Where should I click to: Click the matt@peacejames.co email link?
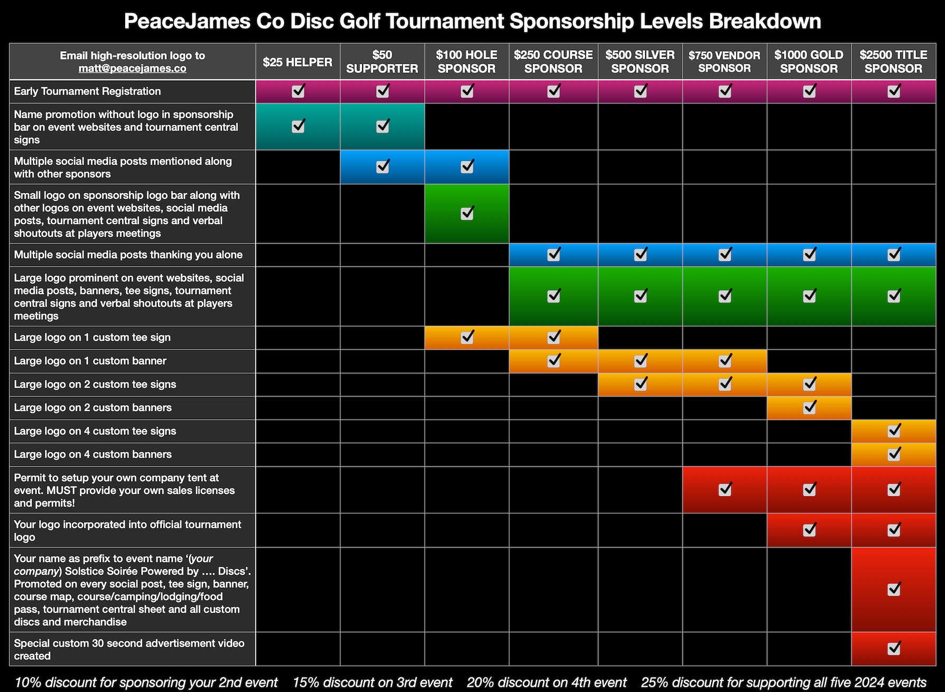[132, 69]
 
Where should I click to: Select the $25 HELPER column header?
[298, 62]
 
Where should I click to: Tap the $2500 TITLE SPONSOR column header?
[893, 62]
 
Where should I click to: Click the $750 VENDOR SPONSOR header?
[724, 62]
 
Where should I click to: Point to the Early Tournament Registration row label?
[88, 91]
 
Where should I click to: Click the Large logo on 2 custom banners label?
[93, 407]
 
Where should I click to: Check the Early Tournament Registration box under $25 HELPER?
[298, 91]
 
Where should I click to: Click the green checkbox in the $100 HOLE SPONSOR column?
[467, 213]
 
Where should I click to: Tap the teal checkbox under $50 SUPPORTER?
[383, 126]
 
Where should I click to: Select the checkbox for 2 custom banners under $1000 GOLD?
[809, 407]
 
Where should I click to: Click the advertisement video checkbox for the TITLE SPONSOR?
[894, 648]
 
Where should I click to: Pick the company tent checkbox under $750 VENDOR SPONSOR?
[725, 489]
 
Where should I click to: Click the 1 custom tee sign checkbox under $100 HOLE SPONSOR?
[467, 337]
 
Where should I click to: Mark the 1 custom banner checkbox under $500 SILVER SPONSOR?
[640, 361]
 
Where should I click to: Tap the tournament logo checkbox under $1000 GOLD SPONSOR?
[809, 529]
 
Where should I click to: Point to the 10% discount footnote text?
[146, 682]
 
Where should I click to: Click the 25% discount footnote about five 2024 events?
[783, 682]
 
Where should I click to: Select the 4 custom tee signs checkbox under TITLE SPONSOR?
[894, 431]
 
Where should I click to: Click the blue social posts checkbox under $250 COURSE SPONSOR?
[554, 254]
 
